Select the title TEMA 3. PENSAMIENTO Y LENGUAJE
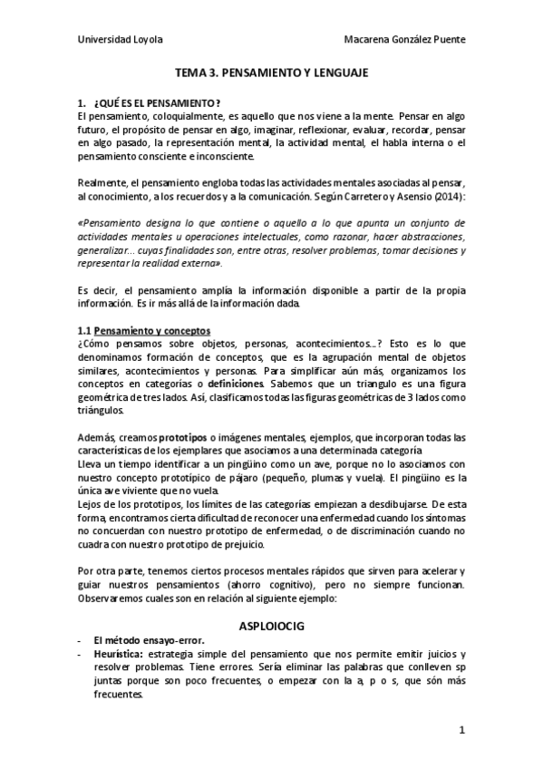[x=271, y=80]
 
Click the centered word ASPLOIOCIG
[x=271, y=625]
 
